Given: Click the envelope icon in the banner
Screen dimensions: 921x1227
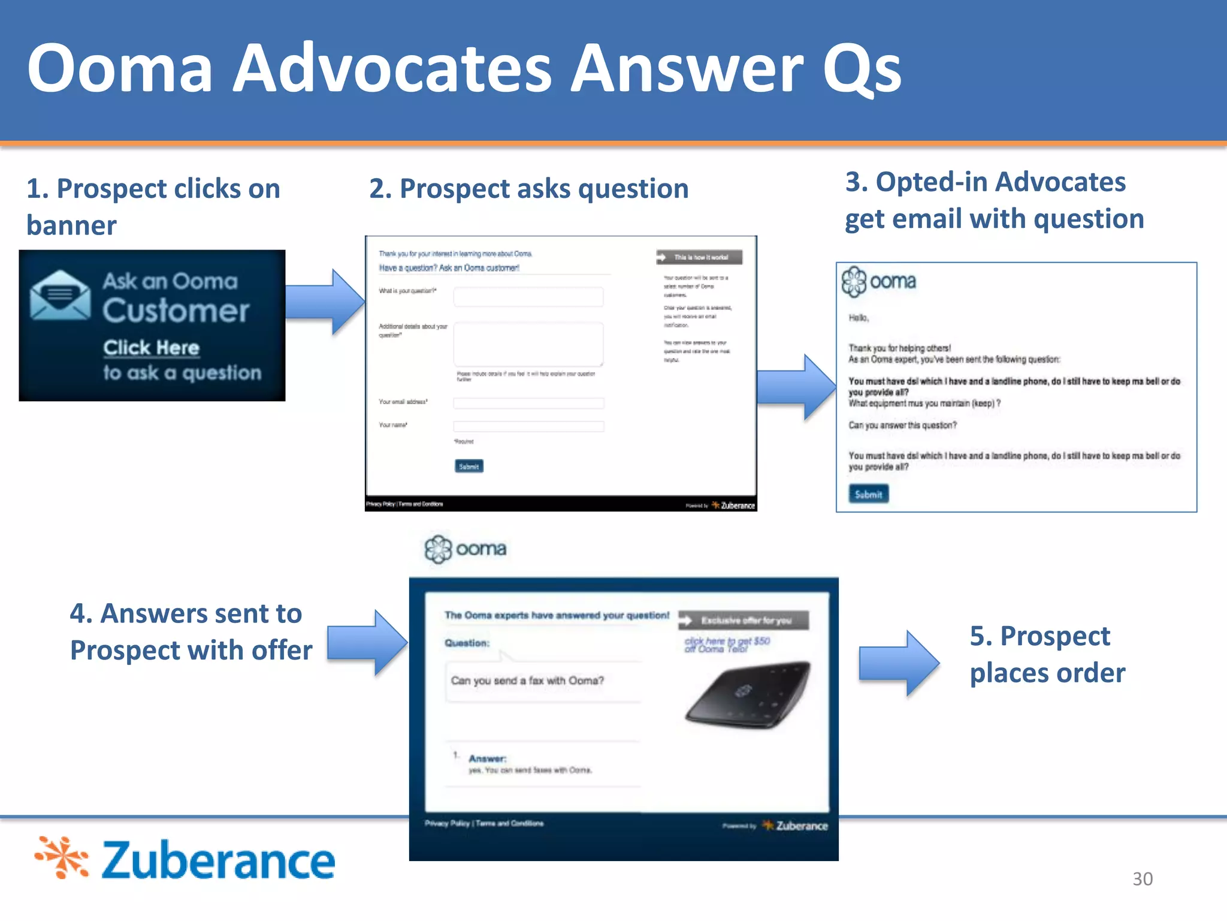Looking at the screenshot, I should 60,295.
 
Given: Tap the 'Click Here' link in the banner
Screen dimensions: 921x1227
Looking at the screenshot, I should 151,348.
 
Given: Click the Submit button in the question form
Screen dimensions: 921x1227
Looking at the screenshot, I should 469,466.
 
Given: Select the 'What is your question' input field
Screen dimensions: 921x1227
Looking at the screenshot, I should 528,297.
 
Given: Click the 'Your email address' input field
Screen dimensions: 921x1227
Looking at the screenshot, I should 528,403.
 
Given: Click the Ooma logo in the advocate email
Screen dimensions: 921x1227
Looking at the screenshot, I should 878,281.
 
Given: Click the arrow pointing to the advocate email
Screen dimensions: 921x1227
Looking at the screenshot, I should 796,387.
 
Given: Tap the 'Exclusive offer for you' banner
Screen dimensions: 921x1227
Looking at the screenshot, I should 744,621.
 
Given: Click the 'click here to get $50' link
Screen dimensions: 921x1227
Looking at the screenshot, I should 727,645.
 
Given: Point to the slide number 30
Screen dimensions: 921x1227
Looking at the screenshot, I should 1142,878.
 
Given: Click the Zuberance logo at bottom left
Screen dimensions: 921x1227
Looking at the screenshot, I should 185,859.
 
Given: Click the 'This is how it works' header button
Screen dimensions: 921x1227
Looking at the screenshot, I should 699,257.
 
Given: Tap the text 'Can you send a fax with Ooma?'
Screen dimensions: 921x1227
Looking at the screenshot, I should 527,681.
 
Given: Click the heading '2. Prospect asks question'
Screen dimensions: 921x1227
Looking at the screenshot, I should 528,189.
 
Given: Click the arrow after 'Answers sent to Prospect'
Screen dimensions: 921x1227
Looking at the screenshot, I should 367,643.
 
